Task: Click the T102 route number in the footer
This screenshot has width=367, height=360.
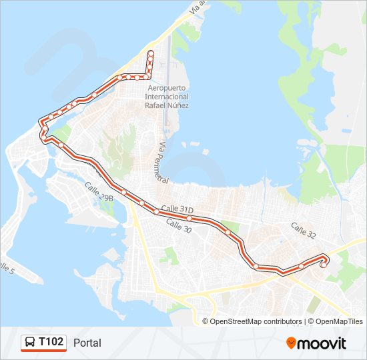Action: pyautogui.click(x=51, y=342)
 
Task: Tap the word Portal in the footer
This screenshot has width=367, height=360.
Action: pyautogui.click(x=87, y=343)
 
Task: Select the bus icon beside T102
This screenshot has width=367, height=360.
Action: pyautogui.click(x=30, y=343)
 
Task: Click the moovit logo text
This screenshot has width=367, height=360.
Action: pyautogui.click(x=322, y=343)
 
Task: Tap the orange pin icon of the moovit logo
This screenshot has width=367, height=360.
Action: pyautogui.click(x=292, y=343)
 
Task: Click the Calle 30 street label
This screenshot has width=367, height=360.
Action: pyautogui.click(x=178, y=225)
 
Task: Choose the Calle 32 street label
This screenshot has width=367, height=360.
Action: pyautogui.click(x=303, y=231)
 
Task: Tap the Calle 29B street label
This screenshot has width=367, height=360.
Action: pyautogui.click(x=99, y=193)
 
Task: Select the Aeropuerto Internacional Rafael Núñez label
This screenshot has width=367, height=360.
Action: pyautogui.click(x=167, y=97)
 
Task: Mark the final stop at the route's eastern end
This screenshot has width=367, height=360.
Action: pyautogui.click(x=324, y=265)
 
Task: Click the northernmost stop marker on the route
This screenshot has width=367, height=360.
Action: pyautogui.click(x=151, y=53)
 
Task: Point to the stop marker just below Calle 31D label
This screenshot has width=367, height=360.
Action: pyautogui.click(x=190, y=218)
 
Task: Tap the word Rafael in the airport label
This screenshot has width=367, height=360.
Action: pyautogui.click(x=156, y=105)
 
